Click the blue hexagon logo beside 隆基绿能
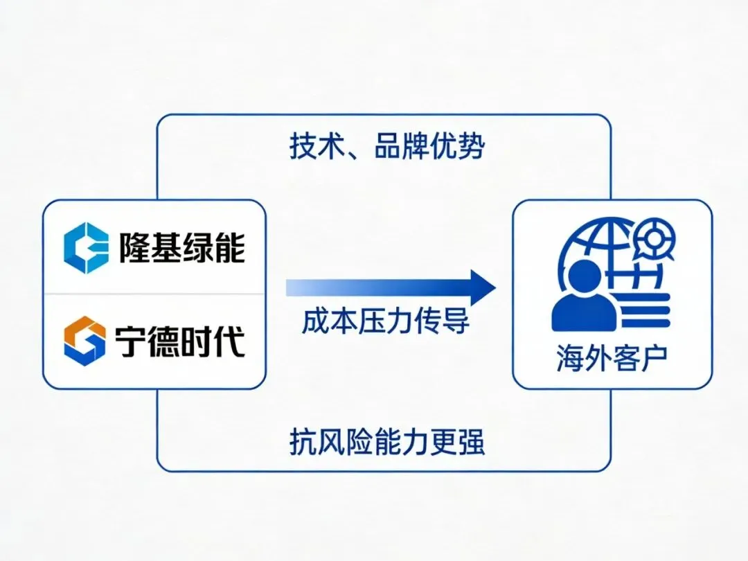[x=85, y=248]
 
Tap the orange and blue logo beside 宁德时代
[x=84, y=341]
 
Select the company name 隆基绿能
[x=181, y=248]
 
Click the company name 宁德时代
[x=180, y=341]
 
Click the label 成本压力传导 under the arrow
[x=385, y=321]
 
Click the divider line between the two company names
[x=154, y=294]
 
